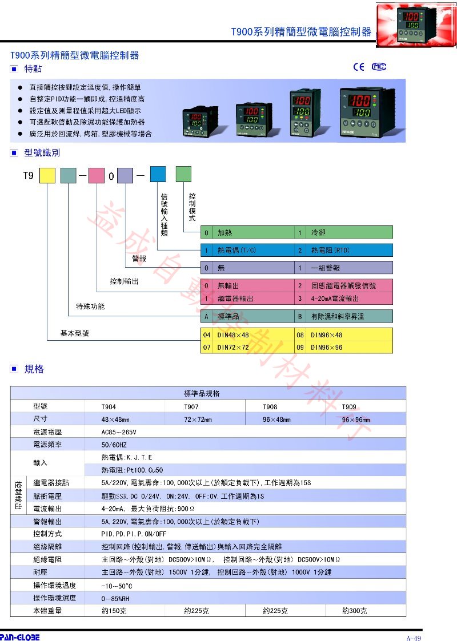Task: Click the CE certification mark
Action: [359, 67]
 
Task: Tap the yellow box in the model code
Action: [47, 176]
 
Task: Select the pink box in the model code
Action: [96, 176]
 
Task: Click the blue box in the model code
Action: [158, 174]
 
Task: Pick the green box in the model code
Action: [183, 174]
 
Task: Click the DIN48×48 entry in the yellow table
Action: [233, 335]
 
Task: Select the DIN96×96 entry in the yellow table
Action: [327, 348]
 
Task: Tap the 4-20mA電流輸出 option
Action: [335, 299]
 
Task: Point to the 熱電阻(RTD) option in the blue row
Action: [330, 250]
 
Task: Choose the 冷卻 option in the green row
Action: [318, 233]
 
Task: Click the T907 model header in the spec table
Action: [191, 407]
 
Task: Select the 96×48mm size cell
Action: [276, 420]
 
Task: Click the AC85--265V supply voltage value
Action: [119, 432]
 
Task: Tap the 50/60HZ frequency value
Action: [114, 445]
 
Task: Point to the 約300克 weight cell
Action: [354, 611]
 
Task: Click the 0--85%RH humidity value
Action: [115, 599]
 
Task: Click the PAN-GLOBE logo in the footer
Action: [19, 637]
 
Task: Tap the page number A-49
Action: [413, 638]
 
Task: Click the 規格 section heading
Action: [34, 369]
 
